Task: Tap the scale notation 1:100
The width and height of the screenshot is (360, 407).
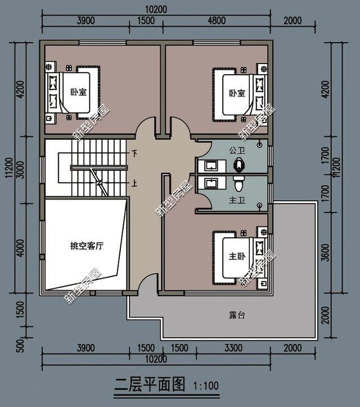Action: point(206,386)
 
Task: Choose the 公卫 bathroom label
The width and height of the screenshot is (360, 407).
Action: point(236,151)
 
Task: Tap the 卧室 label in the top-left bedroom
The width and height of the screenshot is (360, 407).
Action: point(75,92)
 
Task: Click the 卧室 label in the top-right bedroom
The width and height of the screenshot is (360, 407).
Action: point(237,93)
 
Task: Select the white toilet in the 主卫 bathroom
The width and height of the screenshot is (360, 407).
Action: point(238,183)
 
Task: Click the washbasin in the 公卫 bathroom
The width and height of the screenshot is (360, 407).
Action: point(211,165)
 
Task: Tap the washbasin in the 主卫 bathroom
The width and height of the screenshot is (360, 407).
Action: point(211,183)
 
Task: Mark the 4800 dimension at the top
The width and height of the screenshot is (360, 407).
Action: point(217,21)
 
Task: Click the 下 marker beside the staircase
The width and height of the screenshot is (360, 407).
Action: point(134,153)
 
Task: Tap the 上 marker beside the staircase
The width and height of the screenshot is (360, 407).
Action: point(134,183)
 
